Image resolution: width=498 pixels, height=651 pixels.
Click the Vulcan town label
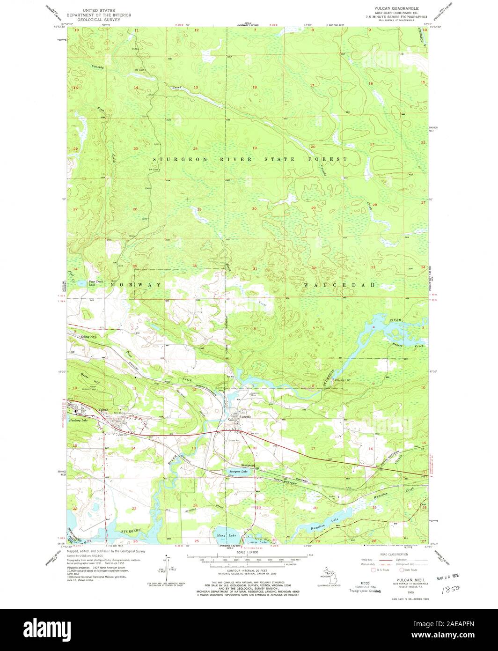coord(103,410)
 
